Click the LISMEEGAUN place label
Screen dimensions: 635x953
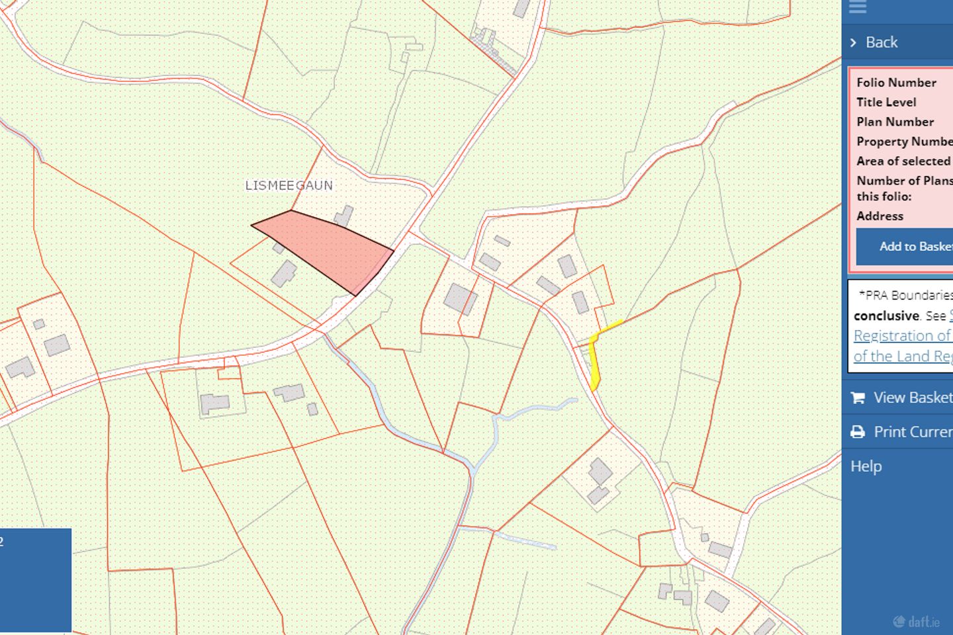point(289,185)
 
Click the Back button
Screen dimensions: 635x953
point(882,42)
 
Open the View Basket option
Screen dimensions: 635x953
point(912,398)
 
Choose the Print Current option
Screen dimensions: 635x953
point(912,432)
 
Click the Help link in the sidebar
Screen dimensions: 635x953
point(866,466)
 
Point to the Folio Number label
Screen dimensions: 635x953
point(896,83)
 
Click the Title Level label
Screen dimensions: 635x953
point(886,103)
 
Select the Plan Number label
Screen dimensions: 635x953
point(895,122)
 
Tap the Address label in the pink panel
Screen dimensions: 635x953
point(880,216)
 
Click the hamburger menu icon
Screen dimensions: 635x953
point(858,7)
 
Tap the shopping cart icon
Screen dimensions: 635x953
point(858,398)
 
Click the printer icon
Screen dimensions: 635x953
point(858,432)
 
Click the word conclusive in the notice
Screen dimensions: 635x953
point(886,316)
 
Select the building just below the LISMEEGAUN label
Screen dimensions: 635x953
point(343,215)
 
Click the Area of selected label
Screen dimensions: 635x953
point(903,161)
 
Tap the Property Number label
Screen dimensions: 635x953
point(904,142)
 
